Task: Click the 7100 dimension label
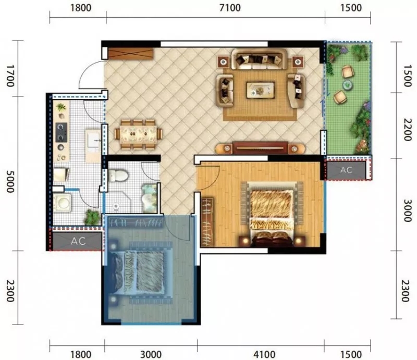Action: tap(230, 8)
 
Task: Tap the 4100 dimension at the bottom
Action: tap(264, 354)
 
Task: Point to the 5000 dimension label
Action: tap(10, 182)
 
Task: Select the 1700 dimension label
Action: tap(10, 76)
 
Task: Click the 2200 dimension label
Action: tap(407, 130)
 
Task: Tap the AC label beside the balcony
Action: tap(346, 170)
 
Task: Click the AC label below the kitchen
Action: tap(78, 241)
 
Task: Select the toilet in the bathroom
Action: tap(118, 176)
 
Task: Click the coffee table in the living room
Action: tap(260, 90)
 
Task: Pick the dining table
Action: tap(138, 134)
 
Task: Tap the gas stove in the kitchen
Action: tap(61, 132)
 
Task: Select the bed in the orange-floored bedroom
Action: tap(272, 214)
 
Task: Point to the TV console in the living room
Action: tap(260, 148)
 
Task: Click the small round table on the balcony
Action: tap(347, 85)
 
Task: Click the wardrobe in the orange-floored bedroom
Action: tap(207, 222)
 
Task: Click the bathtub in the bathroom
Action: tap(149, 198)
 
